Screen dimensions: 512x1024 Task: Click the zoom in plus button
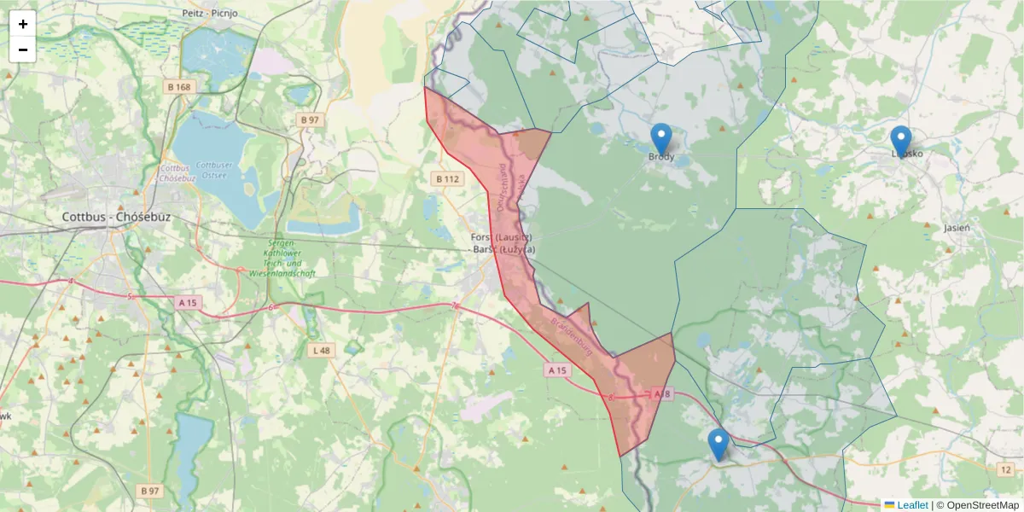click(x=23, y=24)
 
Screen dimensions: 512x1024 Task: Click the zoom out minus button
click(x=23, y=49)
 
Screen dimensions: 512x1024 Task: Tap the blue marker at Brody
click(x=661, y=139)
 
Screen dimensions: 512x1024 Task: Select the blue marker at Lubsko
click(x=900, y=142)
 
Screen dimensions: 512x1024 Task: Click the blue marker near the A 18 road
click(x=719, y=444)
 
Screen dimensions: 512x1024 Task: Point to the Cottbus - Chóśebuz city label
click(x=116, y=217)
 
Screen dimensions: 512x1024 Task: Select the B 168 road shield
click(x=180, y=87)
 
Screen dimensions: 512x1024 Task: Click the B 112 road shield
click(x=447, y=179)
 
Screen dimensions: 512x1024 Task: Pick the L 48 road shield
click(x=321, y=351)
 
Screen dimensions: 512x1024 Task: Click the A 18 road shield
click(x=662, y=394)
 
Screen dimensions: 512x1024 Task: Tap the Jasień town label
click(x=957, y=228)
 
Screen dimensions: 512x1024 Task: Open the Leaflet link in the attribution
click(x=911, y=505)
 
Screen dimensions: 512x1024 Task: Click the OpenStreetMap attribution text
click(x=977, y=505)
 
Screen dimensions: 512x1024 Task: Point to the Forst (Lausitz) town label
click(x=503, y=236)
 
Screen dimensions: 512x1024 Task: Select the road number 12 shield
click(x=1004, y=469)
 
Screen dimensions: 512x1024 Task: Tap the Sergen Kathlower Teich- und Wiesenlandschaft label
click(x=282, y=259)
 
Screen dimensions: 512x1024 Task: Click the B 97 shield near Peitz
click(x=309, y=120)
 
